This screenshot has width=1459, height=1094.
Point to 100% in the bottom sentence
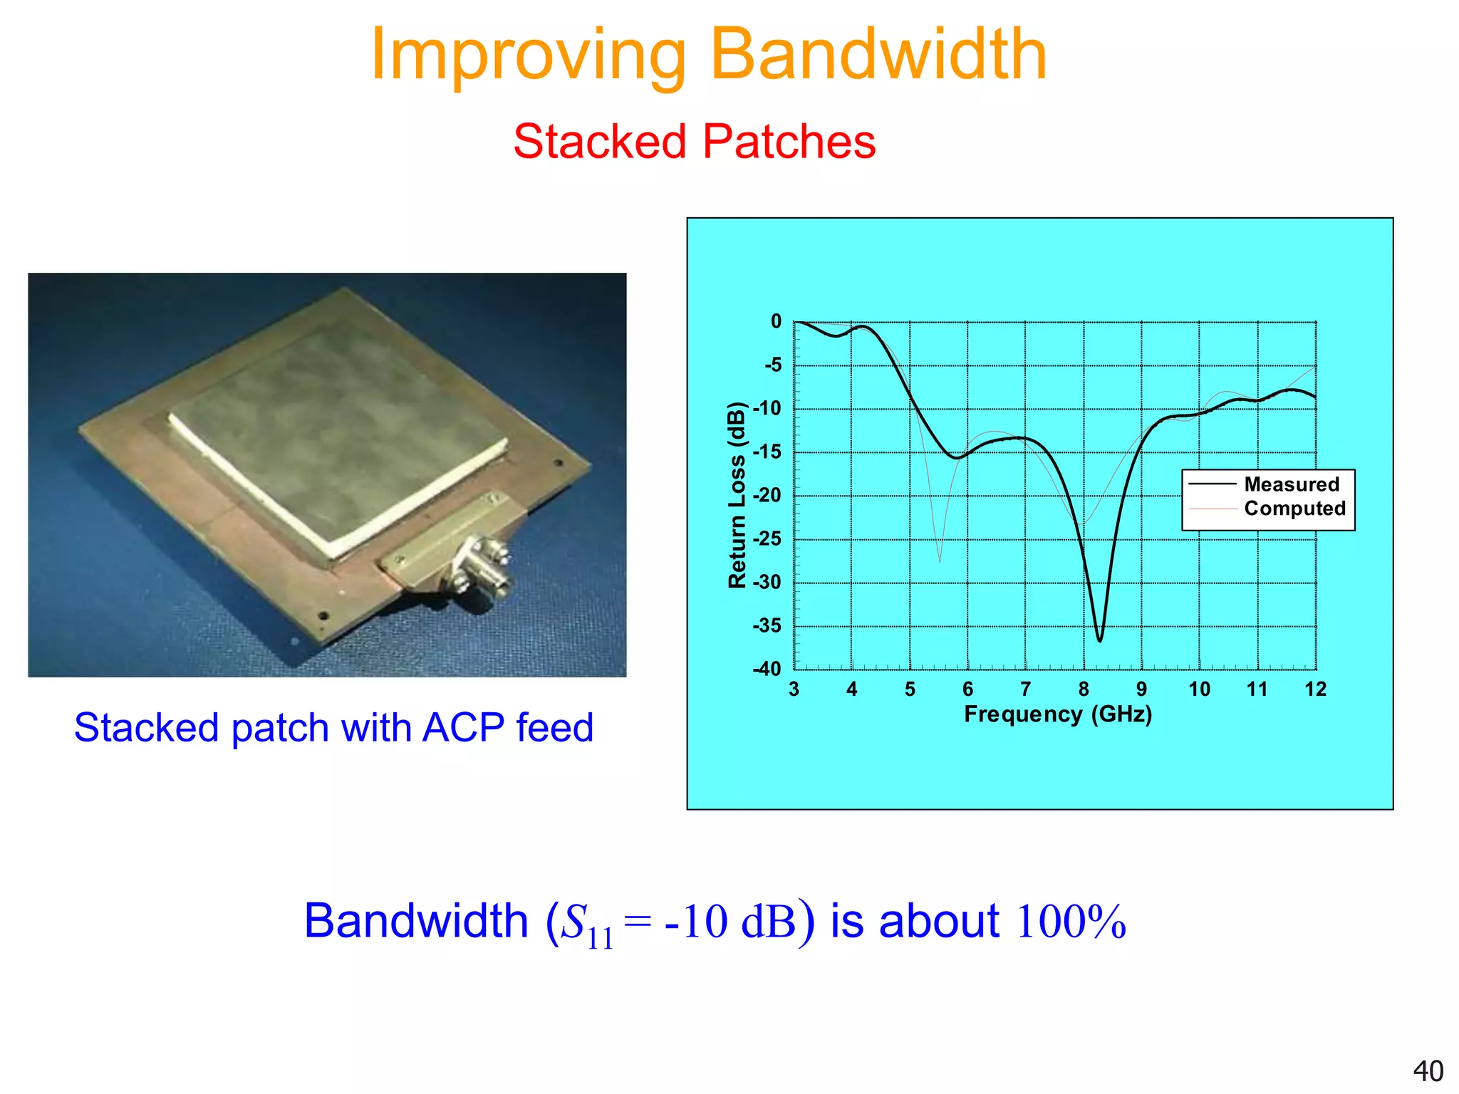[1071, 922]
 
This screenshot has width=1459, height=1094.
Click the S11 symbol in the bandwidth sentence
[586, 924]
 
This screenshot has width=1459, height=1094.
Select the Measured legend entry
[1291, 484]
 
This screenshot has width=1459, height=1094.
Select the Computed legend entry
[1294, 509]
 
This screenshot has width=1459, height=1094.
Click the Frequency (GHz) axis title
[1058, 714]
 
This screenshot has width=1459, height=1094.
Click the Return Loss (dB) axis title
[737, 495]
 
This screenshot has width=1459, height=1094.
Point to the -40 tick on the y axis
[767, 669]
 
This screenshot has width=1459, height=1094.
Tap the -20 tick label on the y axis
[767, 495]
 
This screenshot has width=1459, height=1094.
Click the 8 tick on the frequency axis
[1084, 689]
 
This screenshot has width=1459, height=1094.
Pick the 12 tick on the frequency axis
[1315, 689]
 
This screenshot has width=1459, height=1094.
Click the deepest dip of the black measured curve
[1100, 640]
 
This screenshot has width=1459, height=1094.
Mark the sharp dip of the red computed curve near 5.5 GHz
[939, 561]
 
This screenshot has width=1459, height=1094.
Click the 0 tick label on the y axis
[776, 322]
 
